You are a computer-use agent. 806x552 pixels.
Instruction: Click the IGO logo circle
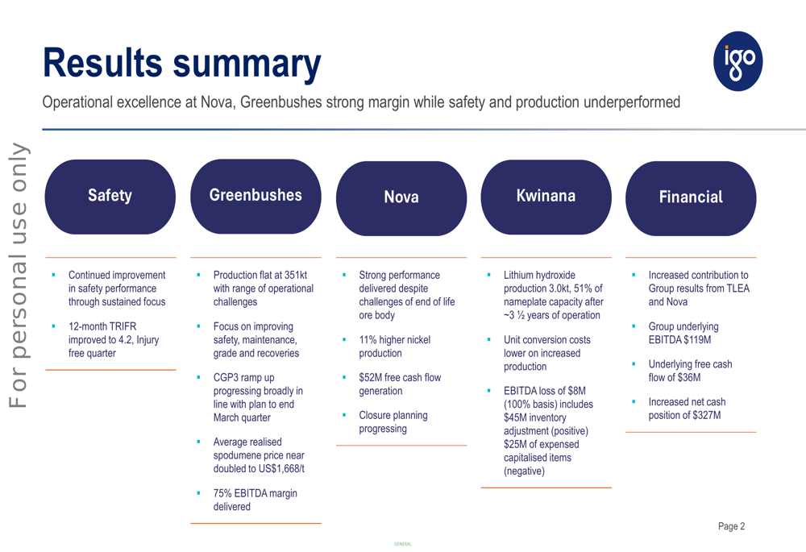[738, 61]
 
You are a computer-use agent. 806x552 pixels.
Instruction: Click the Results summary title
[181, 63]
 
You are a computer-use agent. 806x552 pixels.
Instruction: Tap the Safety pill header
[110, 196]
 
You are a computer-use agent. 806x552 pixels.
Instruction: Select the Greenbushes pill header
[256, 195]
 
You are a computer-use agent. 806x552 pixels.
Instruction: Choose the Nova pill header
[401, 197]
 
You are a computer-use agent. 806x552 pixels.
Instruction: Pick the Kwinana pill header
[546, 196]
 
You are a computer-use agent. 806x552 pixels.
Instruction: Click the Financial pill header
[691, 197]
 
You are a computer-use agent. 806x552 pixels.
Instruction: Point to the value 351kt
[292, 276]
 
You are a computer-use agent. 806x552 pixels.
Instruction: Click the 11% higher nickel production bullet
[394, 347]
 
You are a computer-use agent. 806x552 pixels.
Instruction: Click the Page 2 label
[731, 526]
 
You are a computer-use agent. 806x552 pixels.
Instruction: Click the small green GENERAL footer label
[402, 544]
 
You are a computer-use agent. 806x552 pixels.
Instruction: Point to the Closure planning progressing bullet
[393, 422]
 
